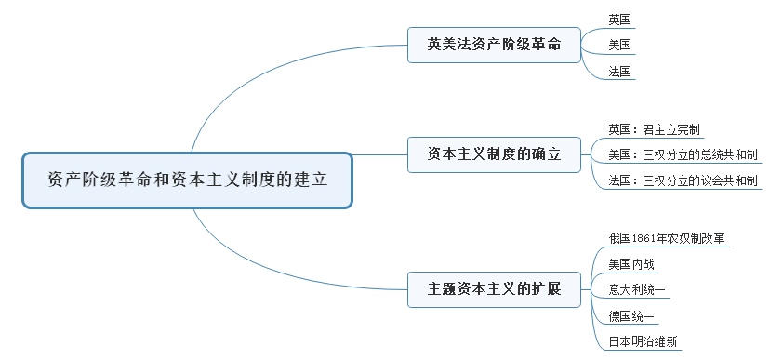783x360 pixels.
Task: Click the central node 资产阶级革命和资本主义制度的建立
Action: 187,180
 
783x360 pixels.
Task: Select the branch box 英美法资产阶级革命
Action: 494,44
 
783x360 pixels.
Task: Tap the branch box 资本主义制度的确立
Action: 494,153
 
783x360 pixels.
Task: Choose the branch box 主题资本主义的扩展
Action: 494,288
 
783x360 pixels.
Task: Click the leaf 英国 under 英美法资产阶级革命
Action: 619,19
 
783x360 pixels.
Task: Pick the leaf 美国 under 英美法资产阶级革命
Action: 619,44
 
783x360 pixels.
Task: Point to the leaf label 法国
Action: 619,71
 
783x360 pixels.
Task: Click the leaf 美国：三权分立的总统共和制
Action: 683,154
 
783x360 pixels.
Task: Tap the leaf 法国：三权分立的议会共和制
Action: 683,180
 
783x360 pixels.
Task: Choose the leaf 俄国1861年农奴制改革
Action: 667,238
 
